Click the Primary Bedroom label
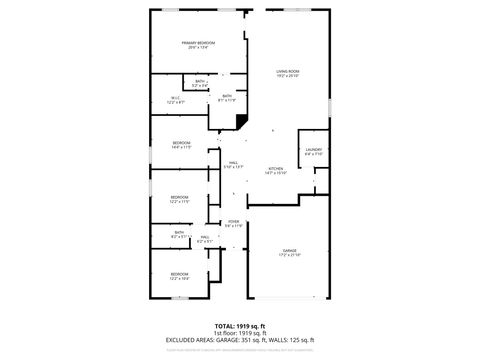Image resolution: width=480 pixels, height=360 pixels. tap(198, 43)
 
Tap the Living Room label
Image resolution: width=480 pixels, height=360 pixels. tap(289, 71)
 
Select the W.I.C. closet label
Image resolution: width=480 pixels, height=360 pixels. tap(176, 97)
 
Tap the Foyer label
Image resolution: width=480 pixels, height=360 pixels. tap(233, 221)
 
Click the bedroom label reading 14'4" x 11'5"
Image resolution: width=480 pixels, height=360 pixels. tap(181, 144)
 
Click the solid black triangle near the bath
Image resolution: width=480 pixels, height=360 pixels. tap(242, 122)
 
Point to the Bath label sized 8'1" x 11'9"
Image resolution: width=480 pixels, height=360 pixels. tap(227, 97)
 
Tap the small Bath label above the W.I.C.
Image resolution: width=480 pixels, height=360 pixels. tap(201, 81)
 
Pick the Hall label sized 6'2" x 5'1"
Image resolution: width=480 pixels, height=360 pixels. tap(205, 238)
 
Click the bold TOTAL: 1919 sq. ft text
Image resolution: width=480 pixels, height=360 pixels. tap(240, 326)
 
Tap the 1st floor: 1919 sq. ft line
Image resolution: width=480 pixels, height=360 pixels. tap(240, 333)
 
